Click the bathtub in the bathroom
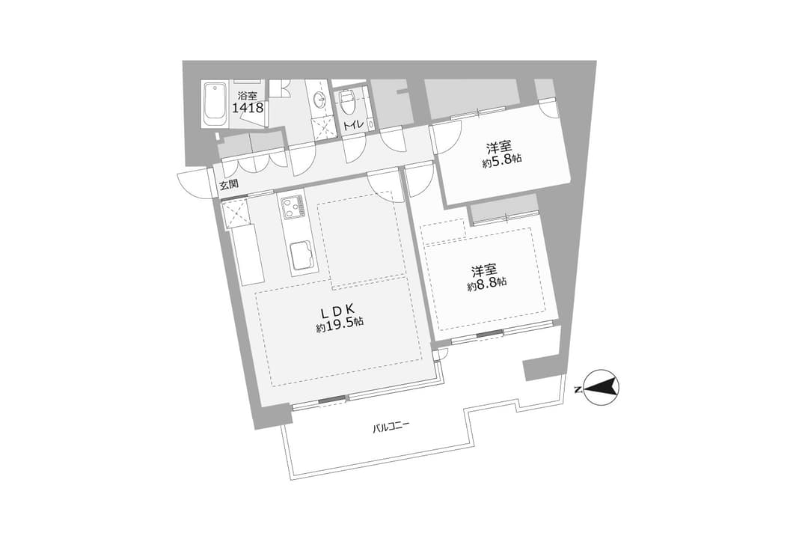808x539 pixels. (215, 103)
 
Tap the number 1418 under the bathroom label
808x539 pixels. (248, 108)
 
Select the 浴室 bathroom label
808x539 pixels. (248, 95)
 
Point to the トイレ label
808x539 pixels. (353, 124)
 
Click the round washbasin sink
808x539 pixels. (317, 100)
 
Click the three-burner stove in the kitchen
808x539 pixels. (293, 207)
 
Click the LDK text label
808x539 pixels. (337, 310)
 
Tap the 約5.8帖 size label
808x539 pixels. (502, 160)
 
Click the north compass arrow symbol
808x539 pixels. (602, 387)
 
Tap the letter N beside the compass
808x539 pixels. (578, 389)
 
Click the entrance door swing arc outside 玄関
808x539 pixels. (195, 184)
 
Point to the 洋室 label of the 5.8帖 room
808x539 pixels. (499, 148)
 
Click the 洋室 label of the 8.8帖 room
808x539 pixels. (484, 270)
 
